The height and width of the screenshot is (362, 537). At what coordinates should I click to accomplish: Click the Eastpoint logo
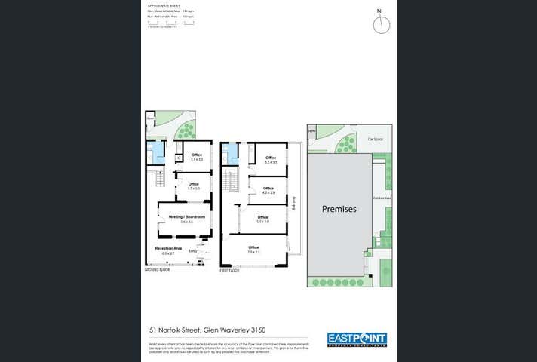pyautogui.click(x=357, y=339)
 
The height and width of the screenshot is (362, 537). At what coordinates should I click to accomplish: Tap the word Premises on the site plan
pyautogui.click(x=339, y=209)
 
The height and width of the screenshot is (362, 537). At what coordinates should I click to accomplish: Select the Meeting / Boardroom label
pyautogui.click(x=186, y=217)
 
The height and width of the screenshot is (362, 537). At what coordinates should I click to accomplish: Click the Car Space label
pyautogui.click(x=376, y=140)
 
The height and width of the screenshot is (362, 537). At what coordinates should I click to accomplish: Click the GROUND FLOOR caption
pyautogui.click(x=158, y=269)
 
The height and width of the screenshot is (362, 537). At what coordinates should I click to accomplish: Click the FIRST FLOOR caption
pyautogui.click(x=230, y=269)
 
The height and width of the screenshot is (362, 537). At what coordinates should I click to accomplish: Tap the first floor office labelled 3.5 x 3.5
pyautogui.click(x=271, y=159)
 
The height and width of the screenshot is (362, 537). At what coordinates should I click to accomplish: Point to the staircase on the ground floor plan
pyautogui.click(x=159, y=179)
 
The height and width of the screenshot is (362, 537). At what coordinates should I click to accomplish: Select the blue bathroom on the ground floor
pyautogui.click(x=156, y=152)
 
